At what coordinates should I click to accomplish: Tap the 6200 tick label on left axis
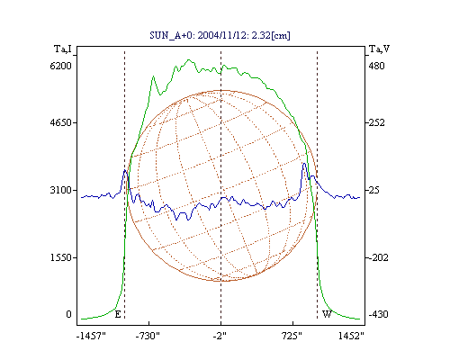click(x=60, y=66)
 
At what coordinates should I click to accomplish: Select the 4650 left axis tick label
click(x=60, y=122)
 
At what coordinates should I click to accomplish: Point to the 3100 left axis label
click(x=60, y=190)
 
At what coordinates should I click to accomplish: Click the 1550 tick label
click(x=60, y=257)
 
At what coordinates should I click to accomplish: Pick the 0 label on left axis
click(x=68, y=314)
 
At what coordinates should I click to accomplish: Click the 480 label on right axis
click(x=376, y=66)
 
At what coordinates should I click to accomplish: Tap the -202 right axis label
click(x=378, y=257)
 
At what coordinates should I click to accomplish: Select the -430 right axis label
click(x=378, y=314)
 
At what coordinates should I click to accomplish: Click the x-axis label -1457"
click(x=91, y=336)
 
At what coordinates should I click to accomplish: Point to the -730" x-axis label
click(x=148, y=336)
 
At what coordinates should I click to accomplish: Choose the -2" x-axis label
click(x=220, y=336)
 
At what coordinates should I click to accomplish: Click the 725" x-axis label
click(x=292, y=336)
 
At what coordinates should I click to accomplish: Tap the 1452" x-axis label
click(x=351, y=336)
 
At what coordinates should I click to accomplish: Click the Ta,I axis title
click(x=63, y=49)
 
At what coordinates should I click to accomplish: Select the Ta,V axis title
click(x=379, y=49)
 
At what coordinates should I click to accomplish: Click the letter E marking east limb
click(x=118, y=314)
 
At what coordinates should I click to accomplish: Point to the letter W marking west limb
click(x=327, y=314)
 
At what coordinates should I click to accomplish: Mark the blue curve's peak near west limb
click(x=304, y=164)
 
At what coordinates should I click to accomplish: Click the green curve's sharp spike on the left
click(x=153, y=76)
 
